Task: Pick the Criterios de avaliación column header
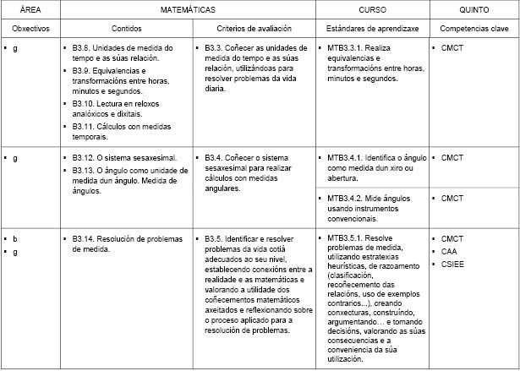tap(255, 29)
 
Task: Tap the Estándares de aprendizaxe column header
tap(372, 29)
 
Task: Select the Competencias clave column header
tap(473, 29)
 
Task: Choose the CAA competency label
tap(450, 252)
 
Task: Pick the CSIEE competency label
tap(452, 265)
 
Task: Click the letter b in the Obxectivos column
tap(15, 239)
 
